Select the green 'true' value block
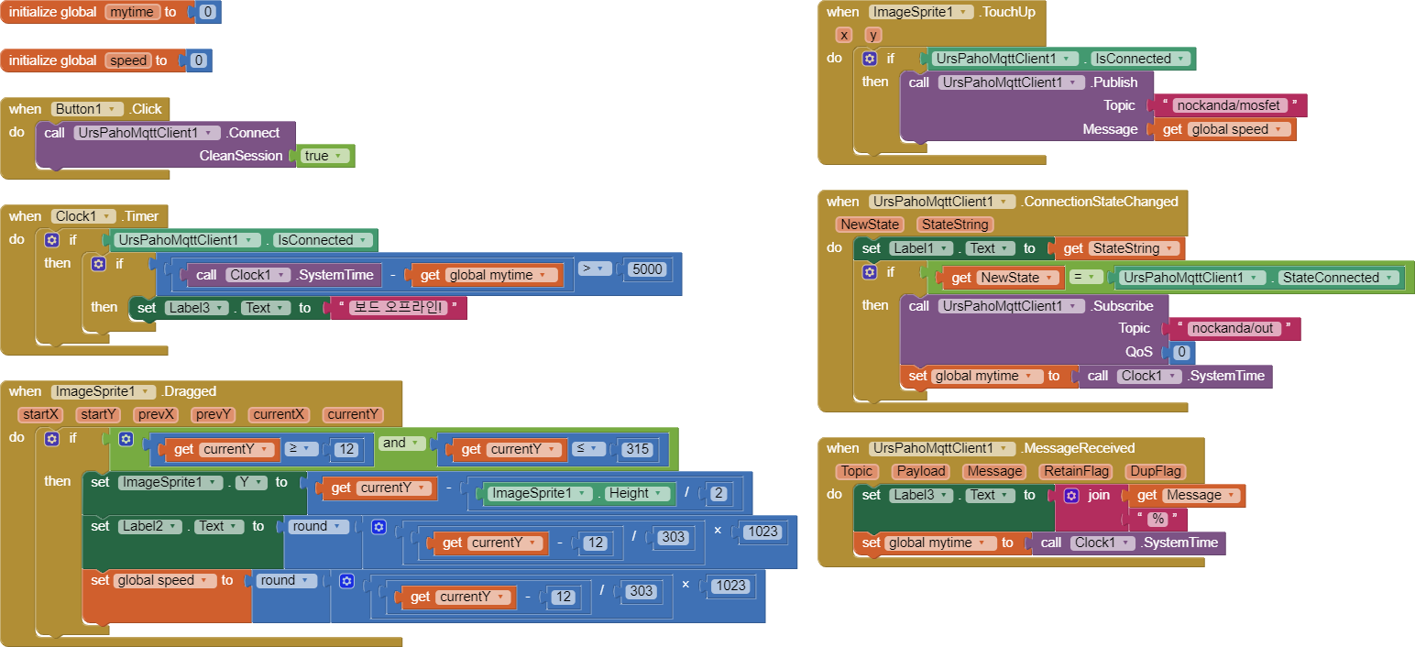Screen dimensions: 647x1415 point(325,156)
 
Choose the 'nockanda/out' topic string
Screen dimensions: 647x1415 point(1232,328)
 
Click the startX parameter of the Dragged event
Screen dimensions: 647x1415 point(41,414)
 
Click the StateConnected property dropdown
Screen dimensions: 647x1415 point(1339,278)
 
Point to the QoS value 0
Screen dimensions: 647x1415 point(1181,352)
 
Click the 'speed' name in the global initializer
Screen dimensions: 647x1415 point(128,60)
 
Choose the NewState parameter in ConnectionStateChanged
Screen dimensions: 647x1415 point(870,225)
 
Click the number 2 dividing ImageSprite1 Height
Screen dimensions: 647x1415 point(718,493)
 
